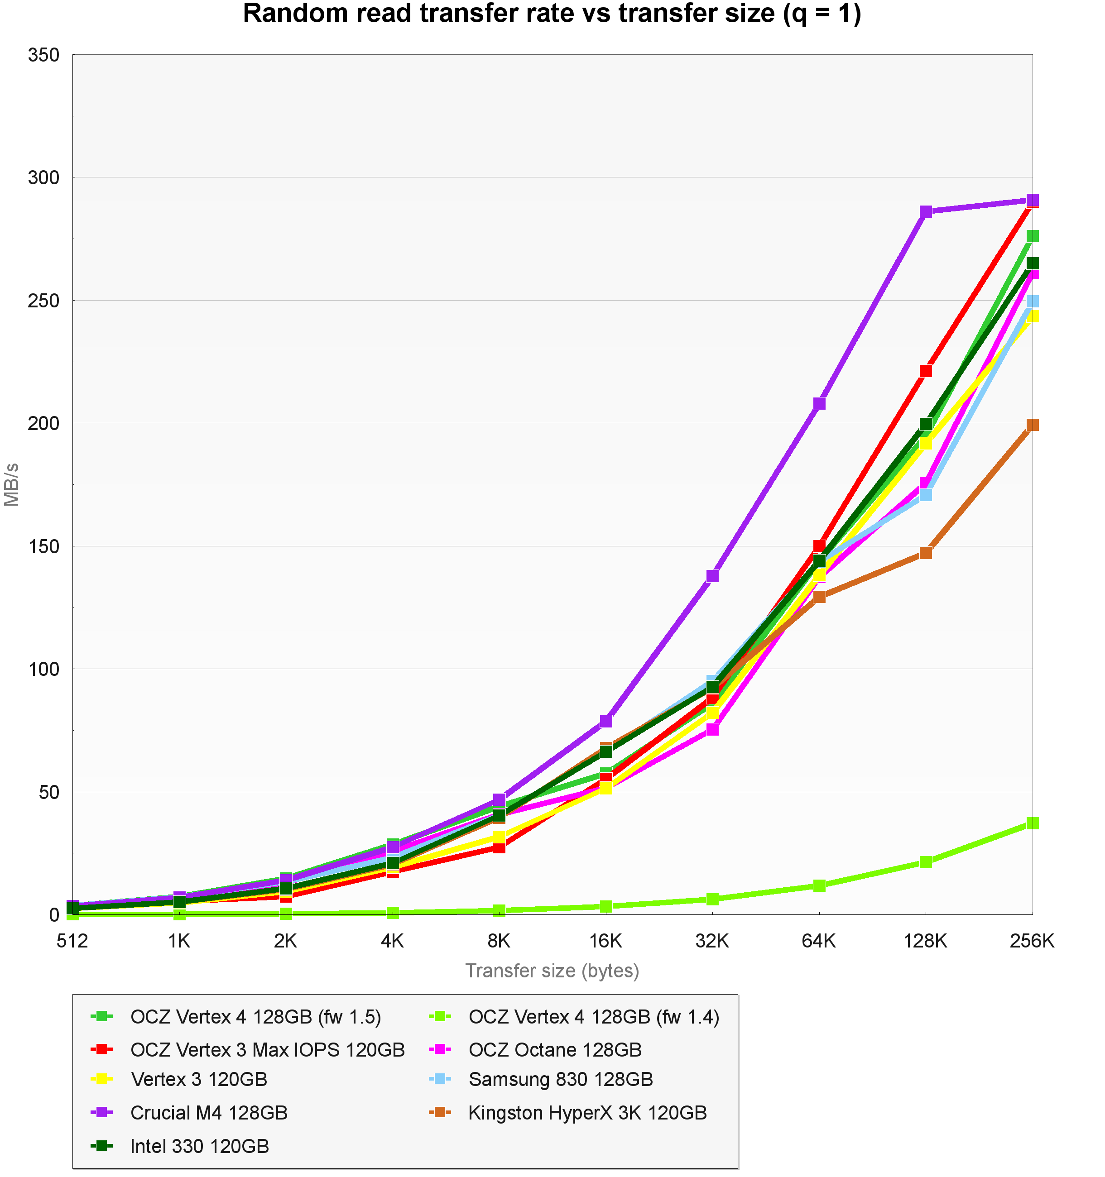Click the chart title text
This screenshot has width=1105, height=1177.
(552, 14)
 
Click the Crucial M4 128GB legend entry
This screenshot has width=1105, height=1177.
(208, 1112)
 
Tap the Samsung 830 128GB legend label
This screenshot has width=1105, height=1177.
(560, 1079)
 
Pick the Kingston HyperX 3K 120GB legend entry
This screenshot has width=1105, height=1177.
(587, 1112)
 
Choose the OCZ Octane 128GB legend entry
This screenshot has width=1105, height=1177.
(555, 1050)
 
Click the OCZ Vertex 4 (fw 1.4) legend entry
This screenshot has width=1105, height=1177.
(593, 1017)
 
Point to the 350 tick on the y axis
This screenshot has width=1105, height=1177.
(44, 55)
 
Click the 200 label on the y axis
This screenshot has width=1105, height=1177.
(44, 423)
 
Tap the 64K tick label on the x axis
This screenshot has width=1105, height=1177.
(819, 941)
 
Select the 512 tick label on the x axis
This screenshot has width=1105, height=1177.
(72, 941)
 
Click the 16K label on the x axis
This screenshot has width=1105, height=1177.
(606, 941)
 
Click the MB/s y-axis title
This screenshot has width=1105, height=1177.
(12, 484)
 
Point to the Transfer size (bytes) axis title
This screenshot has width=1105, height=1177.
(552, 971)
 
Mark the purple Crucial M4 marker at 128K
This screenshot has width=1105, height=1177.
(926, 212)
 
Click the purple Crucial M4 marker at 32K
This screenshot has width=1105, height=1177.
(712, 575)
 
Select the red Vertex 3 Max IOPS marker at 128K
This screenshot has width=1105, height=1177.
(926, 371)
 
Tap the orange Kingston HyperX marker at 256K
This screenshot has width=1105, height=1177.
(1032, 425)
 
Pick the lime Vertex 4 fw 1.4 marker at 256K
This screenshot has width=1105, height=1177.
(1032, 823)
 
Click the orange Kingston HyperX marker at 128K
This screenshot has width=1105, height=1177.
(926, 552)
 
